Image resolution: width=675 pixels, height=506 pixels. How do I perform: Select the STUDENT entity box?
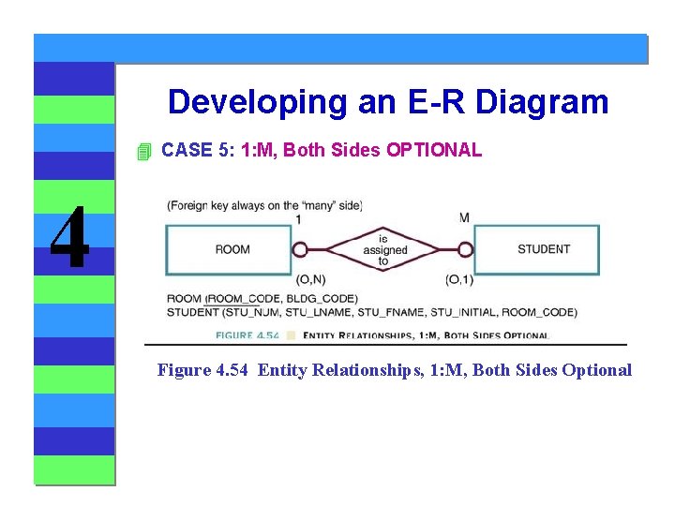[543, 249]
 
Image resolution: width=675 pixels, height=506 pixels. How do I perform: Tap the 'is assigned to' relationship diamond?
[383, 249]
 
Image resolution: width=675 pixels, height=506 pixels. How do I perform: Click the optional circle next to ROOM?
[300, 249]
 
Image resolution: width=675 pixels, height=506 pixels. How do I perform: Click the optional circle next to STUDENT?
[466, 249]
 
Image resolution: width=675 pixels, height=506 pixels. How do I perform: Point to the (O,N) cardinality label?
[310, 279]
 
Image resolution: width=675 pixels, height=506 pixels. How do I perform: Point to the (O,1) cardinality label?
[459, 279]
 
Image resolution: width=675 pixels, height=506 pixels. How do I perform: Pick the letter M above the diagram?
[464, 218]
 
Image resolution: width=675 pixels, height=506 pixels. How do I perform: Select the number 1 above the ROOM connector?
[298, 218]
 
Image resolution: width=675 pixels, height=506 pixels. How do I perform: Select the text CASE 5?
[198, 150]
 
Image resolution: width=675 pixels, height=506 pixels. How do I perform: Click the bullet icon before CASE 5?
[142, 151]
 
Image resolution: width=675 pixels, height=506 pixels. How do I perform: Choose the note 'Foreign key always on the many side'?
[264, 205]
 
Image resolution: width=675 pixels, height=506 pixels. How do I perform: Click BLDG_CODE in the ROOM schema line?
[324, 299]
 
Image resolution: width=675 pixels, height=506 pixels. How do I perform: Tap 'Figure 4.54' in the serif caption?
[203, 370]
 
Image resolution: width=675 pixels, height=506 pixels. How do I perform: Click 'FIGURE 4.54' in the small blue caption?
[247, 335]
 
